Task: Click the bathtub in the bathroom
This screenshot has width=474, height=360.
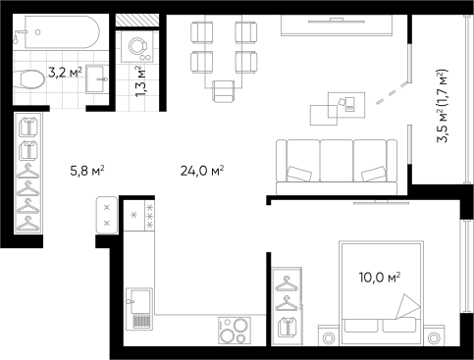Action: (x=56, y=33)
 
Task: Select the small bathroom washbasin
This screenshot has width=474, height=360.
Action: (x=97, y=77)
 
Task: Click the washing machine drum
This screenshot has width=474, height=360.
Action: (x=135, y=44)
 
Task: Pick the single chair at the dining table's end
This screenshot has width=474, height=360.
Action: (x=225, y=90)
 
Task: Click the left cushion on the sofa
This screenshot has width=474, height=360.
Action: (x=299, y=175)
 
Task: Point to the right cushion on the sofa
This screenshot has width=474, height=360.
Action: (x=374, y=174)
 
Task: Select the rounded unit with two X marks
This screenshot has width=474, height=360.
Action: (x=107, y=215)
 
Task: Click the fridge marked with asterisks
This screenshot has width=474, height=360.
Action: (x=139, y=216)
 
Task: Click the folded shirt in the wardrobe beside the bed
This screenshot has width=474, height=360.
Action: (x=287, y=328)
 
